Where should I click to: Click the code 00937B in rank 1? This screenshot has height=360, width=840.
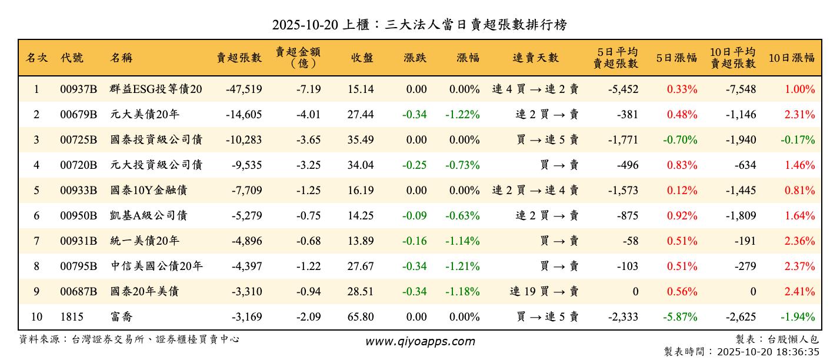click(79, 89)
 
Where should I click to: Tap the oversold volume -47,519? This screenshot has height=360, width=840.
click(244, 89)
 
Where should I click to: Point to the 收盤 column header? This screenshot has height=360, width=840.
click(362, 58)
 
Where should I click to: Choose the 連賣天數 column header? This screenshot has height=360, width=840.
click(535, 58)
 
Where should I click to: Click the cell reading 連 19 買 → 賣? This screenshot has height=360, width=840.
click(544, 292)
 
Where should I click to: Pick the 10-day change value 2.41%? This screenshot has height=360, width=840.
click(799, 292)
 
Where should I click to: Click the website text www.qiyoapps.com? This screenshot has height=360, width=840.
click(420, 341)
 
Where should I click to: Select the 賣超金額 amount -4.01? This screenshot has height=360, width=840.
click(308, 115)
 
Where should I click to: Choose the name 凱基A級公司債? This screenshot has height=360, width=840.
click(148, 216)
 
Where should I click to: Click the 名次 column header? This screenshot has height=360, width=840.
click(36, 58)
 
